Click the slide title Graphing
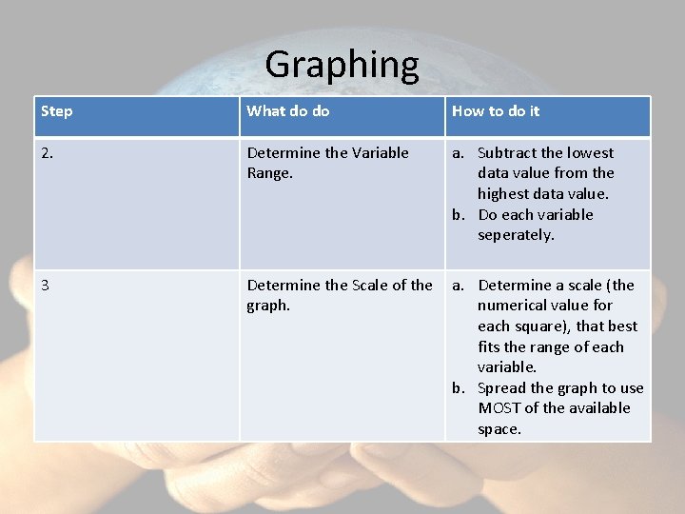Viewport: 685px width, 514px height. tap(342, 65)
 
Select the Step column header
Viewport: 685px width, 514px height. tap(57, 111)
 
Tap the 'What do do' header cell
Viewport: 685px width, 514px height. tap(288, 111)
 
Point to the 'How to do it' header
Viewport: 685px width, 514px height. tap(496, 111)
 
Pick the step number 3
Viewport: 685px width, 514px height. tap(45, 285)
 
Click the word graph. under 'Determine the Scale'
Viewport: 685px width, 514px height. tap(268, 306)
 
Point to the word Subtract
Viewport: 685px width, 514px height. tap(507, 152)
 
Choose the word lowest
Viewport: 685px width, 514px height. tap(591, 152)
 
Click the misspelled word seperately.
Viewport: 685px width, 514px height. tap(516, 235)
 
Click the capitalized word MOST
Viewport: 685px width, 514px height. tap(500, 408)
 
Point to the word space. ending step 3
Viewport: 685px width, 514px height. tap(499, 429)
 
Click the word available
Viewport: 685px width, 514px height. tap(594, 408)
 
